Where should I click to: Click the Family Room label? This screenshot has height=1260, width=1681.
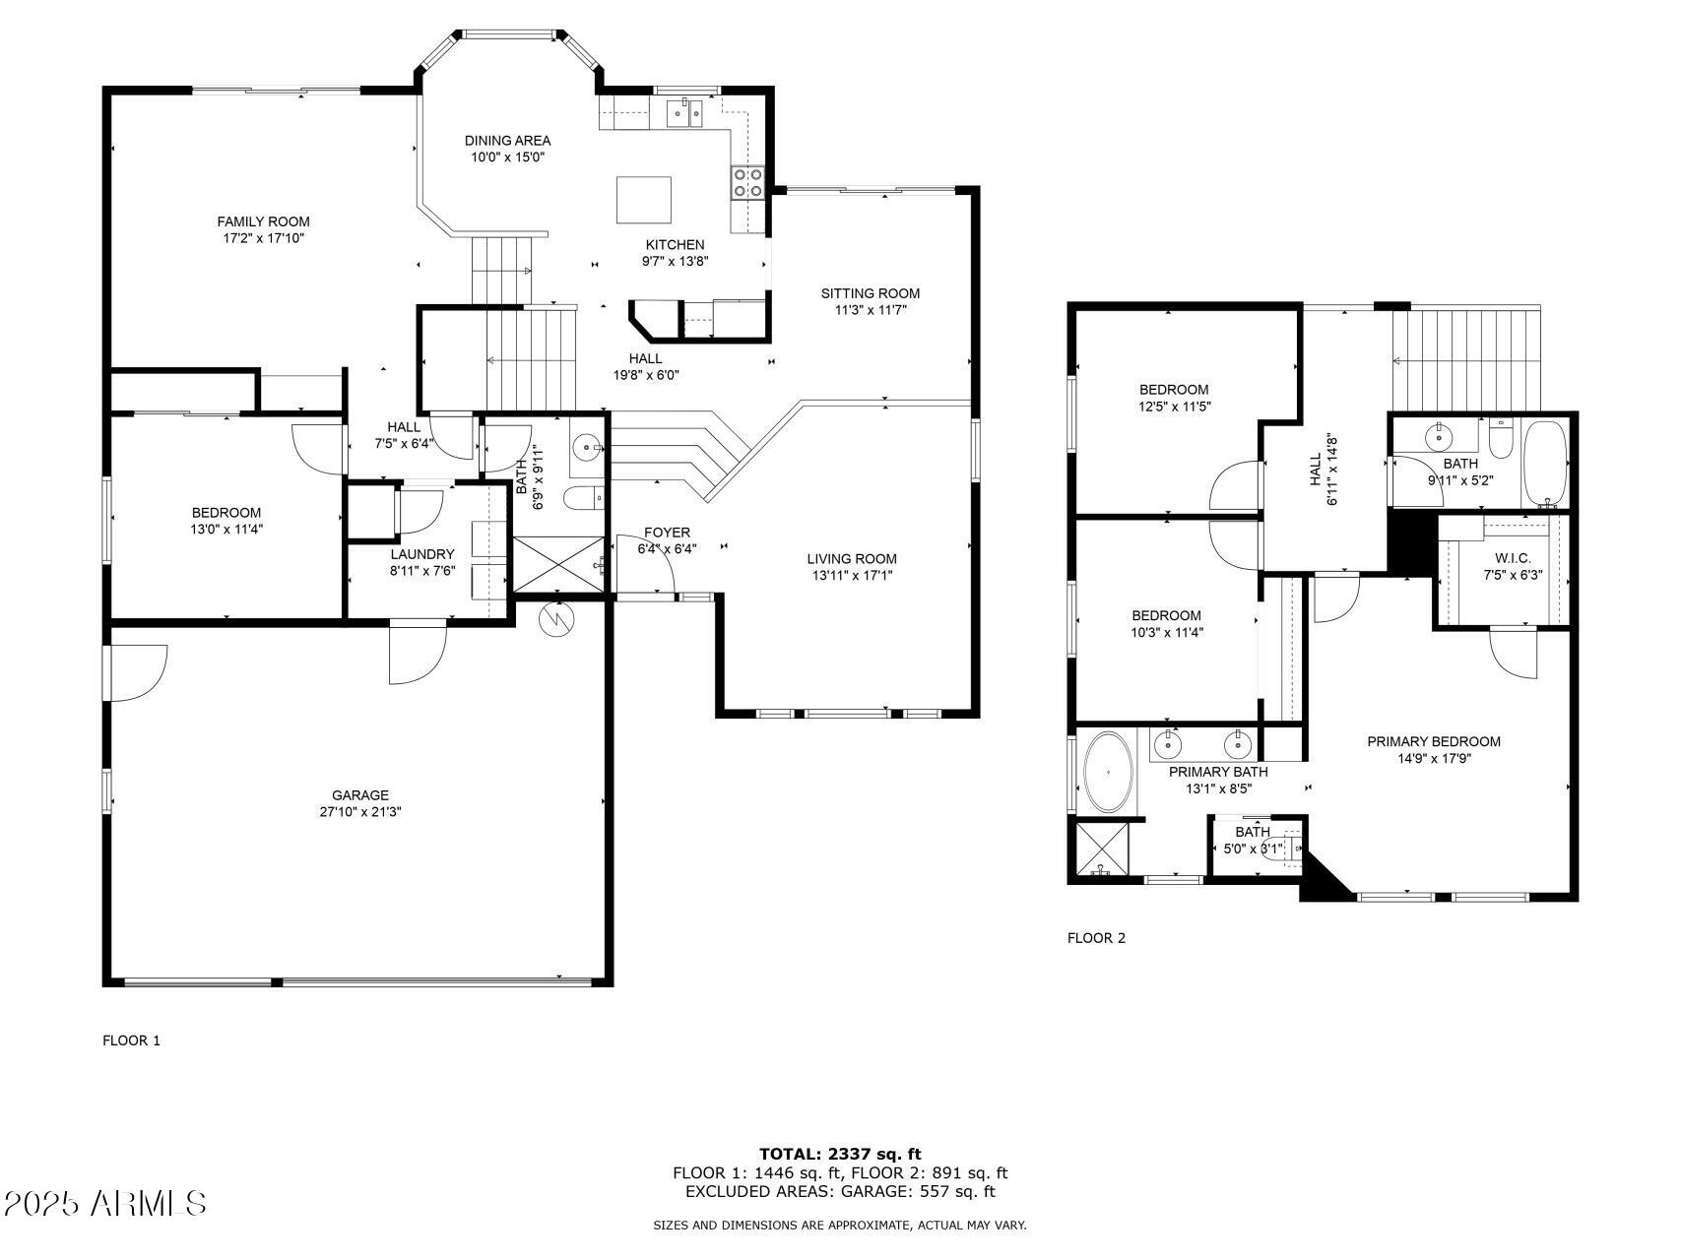coord(263,221)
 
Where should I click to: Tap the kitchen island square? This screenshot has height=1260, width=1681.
coord(644,201)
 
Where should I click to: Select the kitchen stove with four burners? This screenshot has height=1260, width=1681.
coord(748,182)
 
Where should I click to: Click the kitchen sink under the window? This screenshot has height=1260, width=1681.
coord(684,113)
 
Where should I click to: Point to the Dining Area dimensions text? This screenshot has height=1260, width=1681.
coord(507,157)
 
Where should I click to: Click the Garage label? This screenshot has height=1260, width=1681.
coord(359,795)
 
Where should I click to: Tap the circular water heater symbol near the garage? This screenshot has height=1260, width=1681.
coord(556,619)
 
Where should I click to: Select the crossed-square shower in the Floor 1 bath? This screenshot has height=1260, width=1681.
coord(558,564)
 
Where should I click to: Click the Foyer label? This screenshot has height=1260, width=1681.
coord(667,533)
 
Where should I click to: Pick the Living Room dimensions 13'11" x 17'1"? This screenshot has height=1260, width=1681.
coord(851,575)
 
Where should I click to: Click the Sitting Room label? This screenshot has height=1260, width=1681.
coord(871,293)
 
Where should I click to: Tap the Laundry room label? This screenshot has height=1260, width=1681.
coord(422,554)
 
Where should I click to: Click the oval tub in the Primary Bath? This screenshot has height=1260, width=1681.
coord(1108,772)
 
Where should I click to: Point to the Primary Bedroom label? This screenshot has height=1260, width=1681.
coord(1433,741)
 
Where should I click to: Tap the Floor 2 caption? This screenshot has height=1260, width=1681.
coord(1096,938)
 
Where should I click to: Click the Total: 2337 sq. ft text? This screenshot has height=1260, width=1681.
coord(840,1154)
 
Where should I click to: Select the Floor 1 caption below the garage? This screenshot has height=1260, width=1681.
coord(131,1040)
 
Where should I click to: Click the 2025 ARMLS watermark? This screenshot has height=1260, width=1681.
coord(105,1203)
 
